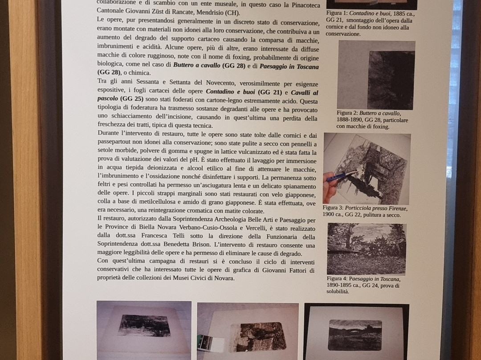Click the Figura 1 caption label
pyautogui.click(x=338, y=13)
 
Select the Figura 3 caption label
pyautogui.click(x=334, y=208)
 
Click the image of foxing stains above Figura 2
pyautogui.click(x=376, y=75)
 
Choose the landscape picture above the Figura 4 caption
pyautogui.click(x=366, y=249)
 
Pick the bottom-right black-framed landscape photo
pyautogui.click(x=356, y=332)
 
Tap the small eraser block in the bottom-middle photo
pyautogui.click(x=211, y=344)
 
